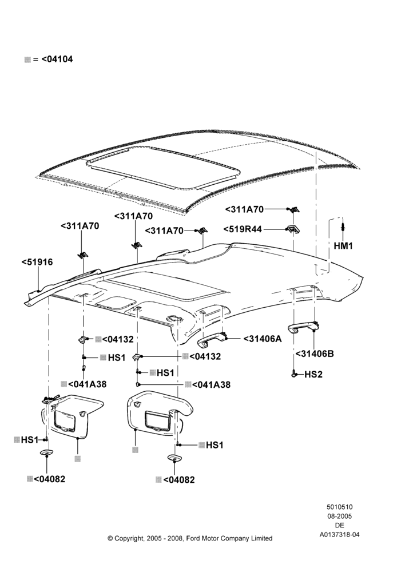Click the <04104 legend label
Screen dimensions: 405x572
[x=57, y=59]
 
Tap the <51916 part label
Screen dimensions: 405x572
[x=37, y=262]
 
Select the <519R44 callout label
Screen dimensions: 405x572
[x=243, y=229]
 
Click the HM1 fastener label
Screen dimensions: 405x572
[x=343, y=246]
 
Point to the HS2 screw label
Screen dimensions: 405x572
[x=313, y=374]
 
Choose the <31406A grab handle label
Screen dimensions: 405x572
[x=263, y=339]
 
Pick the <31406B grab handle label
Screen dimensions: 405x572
[x=315, y=354]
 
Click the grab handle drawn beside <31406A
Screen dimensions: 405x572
[x=212, y=339]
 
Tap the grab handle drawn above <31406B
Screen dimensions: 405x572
[x=303, y=327]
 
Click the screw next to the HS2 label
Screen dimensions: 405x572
[x=293, y=374]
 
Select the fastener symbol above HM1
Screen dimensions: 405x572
[x=343, y=226]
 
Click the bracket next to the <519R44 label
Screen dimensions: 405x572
[x=293, y=229]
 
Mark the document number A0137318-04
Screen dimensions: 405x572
[x=339, y=535]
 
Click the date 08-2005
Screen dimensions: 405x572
[x=339, y=516]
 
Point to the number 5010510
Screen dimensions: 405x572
[x=339, y=507]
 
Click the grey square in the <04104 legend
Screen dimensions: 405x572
[x=27, y=59]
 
